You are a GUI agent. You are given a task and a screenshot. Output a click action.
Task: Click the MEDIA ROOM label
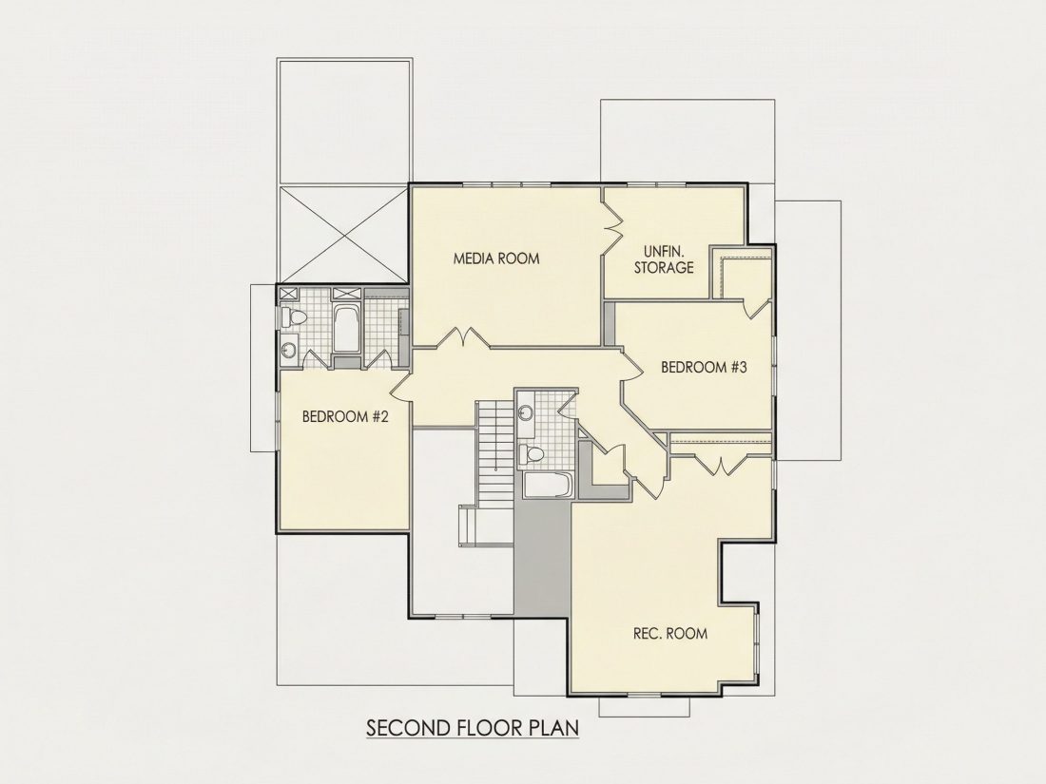pyautogui.click(x=496, y=258)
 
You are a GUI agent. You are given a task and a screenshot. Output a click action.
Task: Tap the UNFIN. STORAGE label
pyautogui.click(x=664, y=259)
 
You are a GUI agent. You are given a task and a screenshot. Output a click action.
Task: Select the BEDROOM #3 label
pyautogui.click(x=704, y=368)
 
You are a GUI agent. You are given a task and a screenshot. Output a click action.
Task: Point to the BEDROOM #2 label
pyautogui.click(x=345, y=417)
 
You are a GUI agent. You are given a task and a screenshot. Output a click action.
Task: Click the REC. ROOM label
pyautogui.click(x=669, y=633)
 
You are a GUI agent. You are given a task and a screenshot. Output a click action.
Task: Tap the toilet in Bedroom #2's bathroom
pyautogui.click(x=293, y=317)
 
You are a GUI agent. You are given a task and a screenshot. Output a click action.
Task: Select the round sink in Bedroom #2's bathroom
pyautogui.click(x=288, y=350)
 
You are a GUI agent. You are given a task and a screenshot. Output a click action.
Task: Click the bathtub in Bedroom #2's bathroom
pyautogui.click(x=346, y=329)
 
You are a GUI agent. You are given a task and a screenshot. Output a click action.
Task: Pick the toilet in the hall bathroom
pyautogui.click(x=532, y=454)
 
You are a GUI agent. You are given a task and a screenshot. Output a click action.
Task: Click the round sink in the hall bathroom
pyautogui.click(x=525, y=412)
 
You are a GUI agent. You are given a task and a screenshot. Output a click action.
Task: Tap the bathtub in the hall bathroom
pyautogui.click(x=549, y=486)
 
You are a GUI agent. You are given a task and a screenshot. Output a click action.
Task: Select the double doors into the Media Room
pyautogui.click(x=463, y=337)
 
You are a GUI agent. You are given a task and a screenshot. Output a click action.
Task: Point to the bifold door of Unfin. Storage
pyautogui.click(x=612, y=227)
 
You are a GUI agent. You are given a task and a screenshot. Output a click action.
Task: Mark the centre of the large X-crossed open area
pyautogui.click(x=342, y=235)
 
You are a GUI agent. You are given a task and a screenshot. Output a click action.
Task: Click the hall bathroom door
pyautogui.click(x=568, y=405)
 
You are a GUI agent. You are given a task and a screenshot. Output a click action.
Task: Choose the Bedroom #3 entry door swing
pyautogui.click(x=631, y=366)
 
